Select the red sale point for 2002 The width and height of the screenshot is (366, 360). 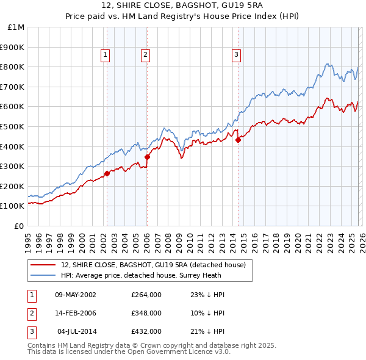107,173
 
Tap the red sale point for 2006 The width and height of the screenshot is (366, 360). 147,157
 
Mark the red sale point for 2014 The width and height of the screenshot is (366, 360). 238,140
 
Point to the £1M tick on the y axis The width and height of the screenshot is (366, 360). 16,27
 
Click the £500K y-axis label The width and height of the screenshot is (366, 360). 13,126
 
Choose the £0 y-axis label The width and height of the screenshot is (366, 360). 20,226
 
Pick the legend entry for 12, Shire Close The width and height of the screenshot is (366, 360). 153,265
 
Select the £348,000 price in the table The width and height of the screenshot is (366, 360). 146,313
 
